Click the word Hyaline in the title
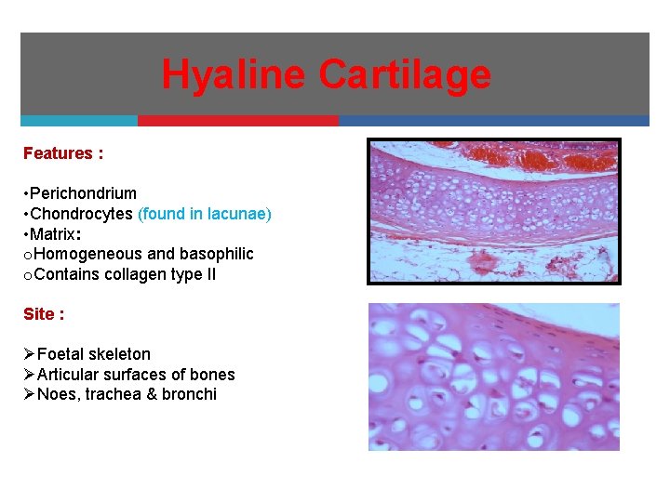point(236,74)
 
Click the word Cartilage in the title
point(406,74)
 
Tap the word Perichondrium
point(83,193)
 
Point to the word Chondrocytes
point(81,214)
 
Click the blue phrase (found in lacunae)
point(205,214)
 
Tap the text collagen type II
point(154,274)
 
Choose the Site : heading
point(44,314)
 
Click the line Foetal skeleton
point(93,354)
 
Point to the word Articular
point(71,375)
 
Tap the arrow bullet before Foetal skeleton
point(29,354)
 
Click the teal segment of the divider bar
point(79,121)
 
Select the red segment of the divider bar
point(238,121)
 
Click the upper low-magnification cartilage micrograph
point(493,211)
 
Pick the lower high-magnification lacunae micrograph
point(493,376)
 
